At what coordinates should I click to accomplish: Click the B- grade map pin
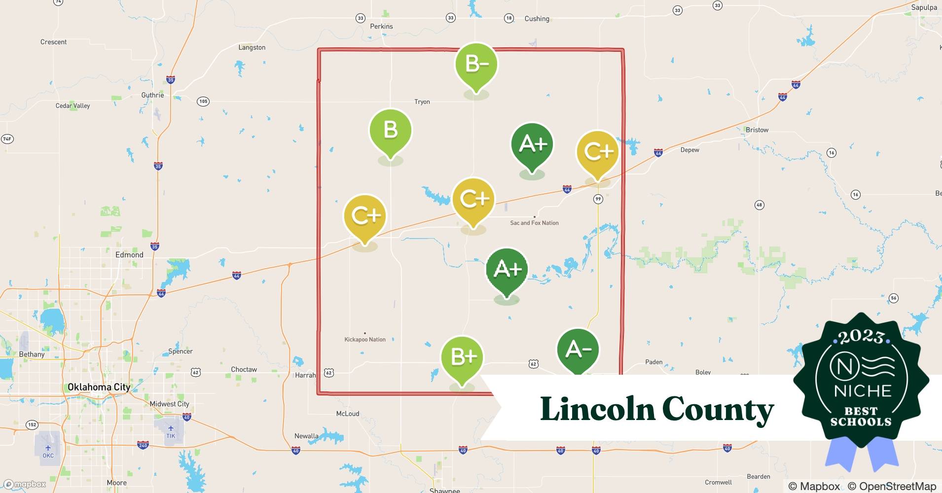pos(476,64)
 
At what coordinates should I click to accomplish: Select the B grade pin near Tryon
pos(390,130)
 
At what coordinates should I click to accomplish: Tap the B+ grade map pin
pos(462,357)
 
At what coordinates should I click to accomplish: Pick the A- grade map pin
pos(578,350)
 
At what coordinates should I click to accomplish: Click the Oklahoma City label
pos(99,387)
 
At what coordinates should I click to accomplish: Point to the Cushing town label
pos(537,19)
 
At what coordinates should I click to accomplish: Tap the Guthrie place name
pos(152,95)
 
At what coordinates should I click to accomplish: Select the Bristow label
pos(757,130)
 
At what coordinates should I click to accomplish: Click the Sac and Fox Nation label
pos(534,223)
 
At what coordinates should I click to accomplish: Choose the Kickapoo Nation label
pos(365,340)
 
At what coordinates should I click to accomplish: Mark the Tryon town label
pos(422,102)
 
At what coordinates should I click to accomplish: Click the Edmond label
pos(129,255)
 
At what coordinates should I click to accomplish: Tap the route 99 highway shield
pos(598,199)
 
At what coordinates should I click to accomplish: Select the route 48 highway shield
pos(760,205)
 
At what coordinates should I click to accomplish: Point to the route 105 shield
pos(203,102)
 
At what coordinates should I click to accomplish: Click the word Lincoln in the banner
pos(597,409)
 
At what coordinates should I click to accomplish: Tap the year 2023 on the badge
pos(861,337)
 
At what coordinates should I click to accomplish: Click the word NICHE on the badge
pos(863,391)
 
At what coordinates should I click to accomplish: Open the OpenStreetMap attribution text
pos(892,486)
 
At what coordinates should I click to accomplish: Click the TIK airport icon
pos(171,428)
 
